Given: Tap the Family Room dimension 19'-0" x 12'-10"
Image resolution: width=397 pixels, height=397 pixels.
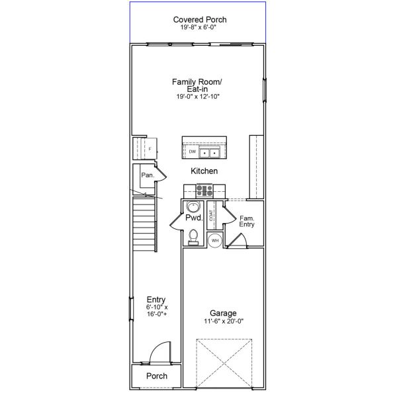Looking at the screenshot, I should point(197,97).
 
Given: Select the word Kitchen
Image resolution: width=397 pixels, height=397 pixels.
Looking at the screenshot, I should point(204,171).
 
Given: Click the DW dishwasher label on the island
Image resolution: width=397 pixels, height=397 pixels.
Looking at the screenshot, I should point(192,152).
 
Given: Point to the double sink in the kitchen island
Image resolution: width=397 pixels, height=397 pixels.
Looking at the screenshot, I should point(211,153).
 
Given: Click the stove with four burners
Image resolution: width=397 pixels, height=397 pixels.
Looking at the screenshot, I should point(203,191).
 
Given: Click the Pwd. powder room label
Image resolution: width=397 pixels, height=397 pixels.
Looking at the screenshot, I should point(193,218).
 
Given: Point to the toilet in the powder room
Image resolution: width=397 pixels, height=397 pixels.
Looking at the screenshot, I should point(193,236).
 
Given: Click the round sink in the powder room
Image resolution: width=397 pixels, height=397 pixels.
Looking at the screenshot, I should point(191,205).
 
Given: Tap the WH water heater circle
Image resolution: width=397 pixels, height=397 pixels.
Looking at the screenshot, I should point(214,241).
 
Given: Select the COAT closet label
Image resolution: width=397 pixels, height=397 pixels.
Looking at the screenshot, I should point(211,215).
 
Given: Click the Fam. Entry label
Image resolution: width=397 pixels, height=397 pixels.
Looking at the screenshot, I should point(247,222).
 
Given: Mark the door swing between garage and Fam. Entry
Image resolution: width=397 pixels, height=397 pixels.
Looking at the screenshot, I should point(238,242).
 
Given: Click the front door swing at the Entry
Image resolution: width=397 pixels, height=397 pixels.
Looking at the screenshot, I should point(161,355).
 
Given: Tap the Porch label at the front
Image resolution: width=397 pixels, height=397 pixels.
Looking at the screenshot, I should point(157,376).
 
